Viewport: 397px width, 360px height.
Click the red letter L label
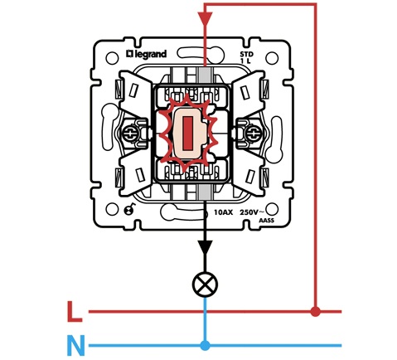pos(75,312)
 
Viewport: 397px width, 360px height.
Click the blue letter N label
pos(75,345)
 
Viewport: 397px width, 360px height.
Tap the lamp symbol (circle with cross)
pos(205,285)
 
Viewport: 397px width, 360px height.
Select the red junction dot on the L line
pos(316,312)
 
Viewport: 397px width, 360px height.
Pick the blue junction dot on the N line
pos(205,345)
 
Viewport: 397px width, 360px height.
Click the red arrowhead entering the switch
pos(205,19)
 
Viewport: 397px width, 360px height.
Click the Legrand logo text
pos(147,54)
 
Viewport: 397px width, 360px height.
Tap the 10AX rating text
pos(223,212)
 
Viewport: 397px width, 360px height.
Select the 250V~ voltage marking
pos(252,212)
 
